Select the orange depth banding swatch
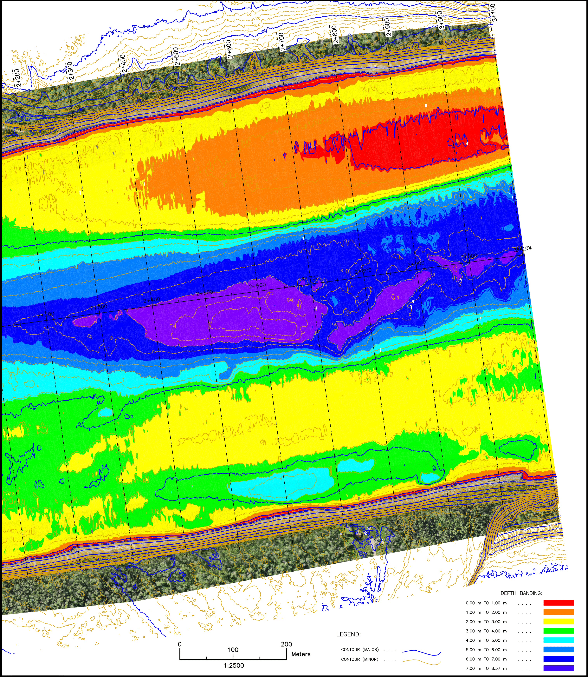tap(559, 612)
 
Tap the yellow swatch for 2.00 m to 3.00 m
tap(559, 621)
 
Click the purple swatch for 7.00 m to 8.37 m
tap(559, 668)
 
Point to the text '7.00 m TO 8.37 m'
tap(486, 668)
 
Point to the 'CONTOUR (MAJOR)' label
tap(360, 649)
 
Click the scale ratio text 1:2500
tap(234, 666)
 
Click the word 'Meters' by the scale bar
tap(301, 654)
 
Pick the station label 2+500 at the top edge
tap(176, 56)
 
